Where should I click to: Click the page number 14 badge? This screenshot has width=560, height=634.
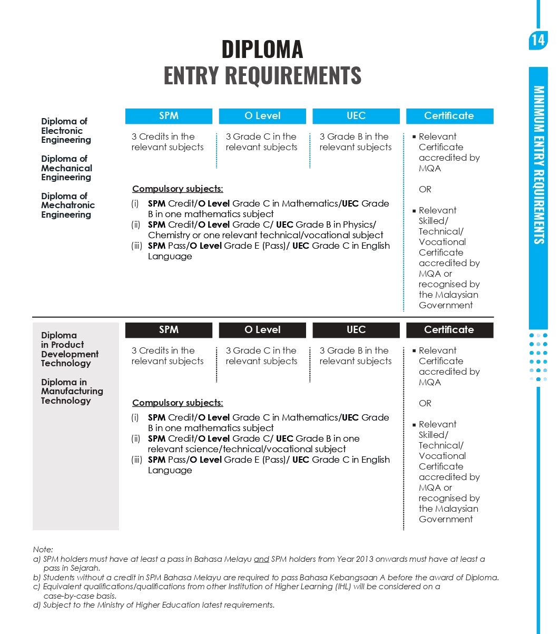coord(538,41)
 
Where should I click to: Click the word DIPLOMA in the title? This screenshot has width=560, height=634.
coord(262,49)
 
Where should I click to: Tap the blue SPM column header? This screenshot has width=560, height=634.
coord(169,116)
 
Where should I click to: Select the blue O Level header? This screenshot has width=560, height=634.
coord(262,116)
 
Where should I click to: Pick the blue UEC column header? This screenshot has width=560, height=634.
coord(356,116)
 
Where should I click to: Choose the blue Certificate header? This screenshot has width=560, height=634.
coord(449,116)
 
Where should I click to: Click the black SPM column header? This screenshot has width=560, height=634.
coord(169,330)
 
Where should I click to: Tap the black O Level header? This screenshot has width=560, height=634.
coord(262,330)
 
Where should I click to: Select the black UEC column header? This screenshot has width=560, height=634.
coord(356,330)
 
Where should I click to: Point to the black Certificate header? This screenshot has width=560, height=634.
coord(449,330)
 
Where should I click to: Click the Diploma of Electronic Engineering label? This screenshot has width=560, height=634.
coord(66,131)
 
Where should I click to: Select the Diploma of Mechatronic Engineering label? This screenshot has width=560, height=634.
coord(68,206)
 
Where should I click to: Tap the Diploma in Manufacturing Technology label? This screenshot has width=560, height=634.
coord(72,391)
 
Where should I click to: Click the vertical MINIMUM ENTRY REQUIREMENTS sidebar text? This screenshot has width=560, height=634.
coord(539,165)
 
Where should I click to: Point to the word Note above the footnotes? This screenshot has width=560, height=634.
coord(43,550)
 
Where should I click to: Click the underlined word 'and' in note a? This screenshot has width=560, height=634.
coord(261,559)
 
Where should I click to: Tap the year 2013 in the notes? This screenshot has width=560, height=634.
coord(365,559)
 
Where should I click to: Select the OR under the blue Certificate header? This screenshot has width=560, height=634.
coord(425,189)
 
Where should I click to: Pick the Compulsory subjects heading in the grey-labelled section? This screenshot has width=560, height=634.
coord(178,403)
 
